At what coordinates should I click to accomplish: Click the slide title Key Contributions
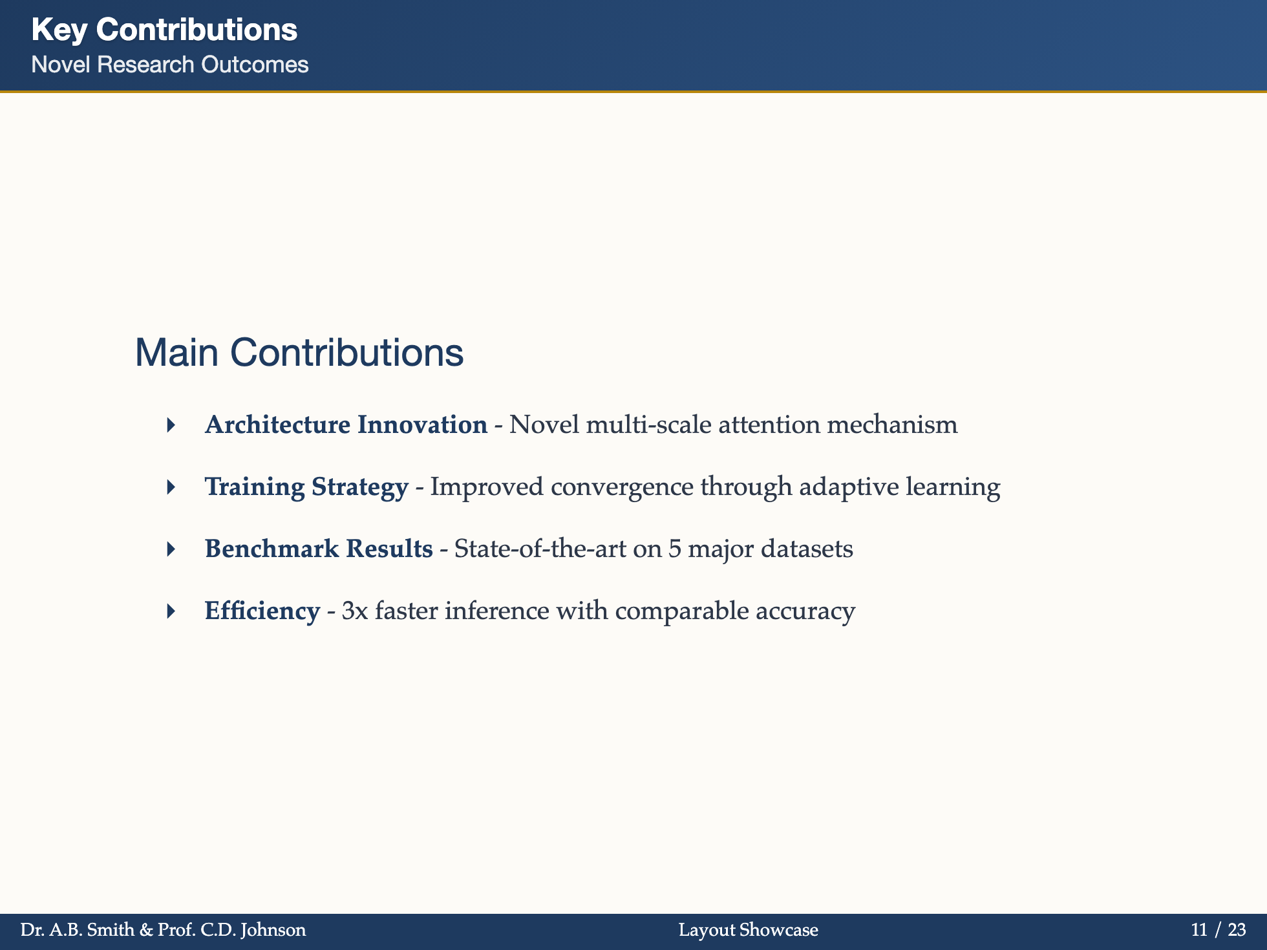coord(164,30)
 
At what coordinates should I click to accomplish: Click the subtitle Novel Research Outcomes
coord(169,65)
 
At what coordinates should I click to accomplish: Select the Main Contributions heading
coord(299,353)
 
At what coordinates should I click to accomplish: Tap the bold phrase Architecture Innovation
coord(346,425)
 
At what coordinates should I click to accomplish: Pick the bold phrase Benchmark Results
coord(319,549)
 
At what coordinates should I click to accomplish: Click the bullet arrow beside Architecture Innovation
coord(171,425)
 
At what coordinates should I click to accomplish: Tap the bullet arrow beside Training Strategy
coord(171,487)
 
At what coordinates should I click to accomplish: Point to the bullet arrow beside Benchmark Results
coord(171,549)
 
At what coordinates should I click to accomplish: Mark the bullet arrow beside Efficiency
coord(171,611)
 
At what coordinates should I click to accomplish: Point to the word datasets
coord(807,549)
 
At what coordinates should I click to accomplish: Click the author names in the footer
coord(163,930)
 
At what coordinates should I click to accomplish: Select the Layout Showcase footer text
coord(749,930)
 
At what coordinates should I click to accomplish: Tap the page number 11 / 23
coord(1219,930)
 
